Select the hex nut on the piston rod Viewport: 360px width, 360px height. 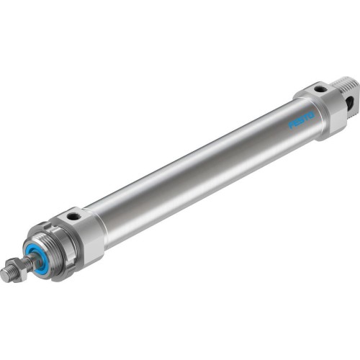[x=19, y=267]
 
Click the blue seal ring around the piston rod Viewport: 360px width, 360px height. [x=38, y=257]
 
